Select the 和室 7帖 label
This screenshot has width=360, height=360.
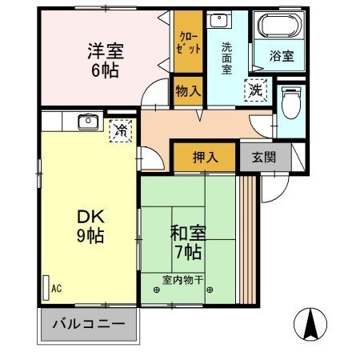(189, 242)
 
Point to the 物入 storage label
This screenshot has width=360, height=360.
(188, 92)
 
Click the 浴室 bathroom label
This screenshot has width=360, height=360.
(281, 57)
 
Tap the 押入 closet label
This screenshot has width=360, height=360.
(205, 157)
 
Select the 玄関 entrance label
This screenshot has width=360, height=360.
(263, 157)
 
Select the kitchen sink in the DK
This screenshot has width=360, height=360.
(87, 122)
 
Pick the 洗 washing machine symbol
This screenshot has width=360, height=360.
(258, 90)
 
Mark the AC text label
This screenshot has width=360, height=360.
(56, 286)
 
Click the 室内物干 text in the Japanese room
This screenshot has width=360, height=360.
(183, 279)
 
